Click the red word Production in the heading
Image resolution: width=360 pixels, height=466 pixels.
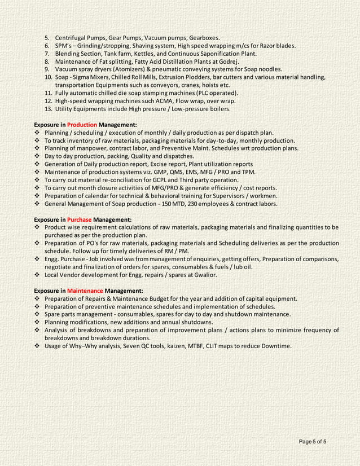[82, 124]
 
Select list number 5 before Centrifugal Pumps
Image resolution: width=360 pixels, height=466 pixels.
[47, 38]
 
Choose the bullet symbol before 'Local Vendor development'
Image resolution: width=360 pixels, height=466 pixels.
[37, 275]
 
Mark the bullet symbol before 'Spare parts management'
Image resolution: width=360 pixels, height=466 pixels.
[37, 314]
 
